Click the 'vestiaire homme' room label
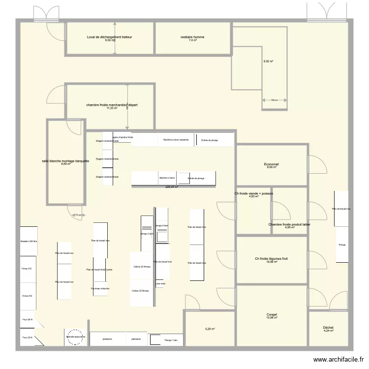192,37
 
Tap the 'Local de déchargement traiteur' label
109,37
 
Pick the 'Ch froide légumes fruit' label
271,259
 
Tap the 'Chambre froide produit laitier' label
289,225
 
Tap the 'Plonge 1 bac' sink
171,340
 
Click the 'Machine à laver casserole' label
176,140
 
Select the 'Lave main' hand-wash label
160,284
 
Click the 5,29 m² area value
210,329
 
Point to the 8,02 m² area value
268,61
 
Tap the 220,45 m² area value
171,187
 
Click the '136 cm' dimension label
274,100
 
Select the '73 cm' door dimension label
77,215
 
